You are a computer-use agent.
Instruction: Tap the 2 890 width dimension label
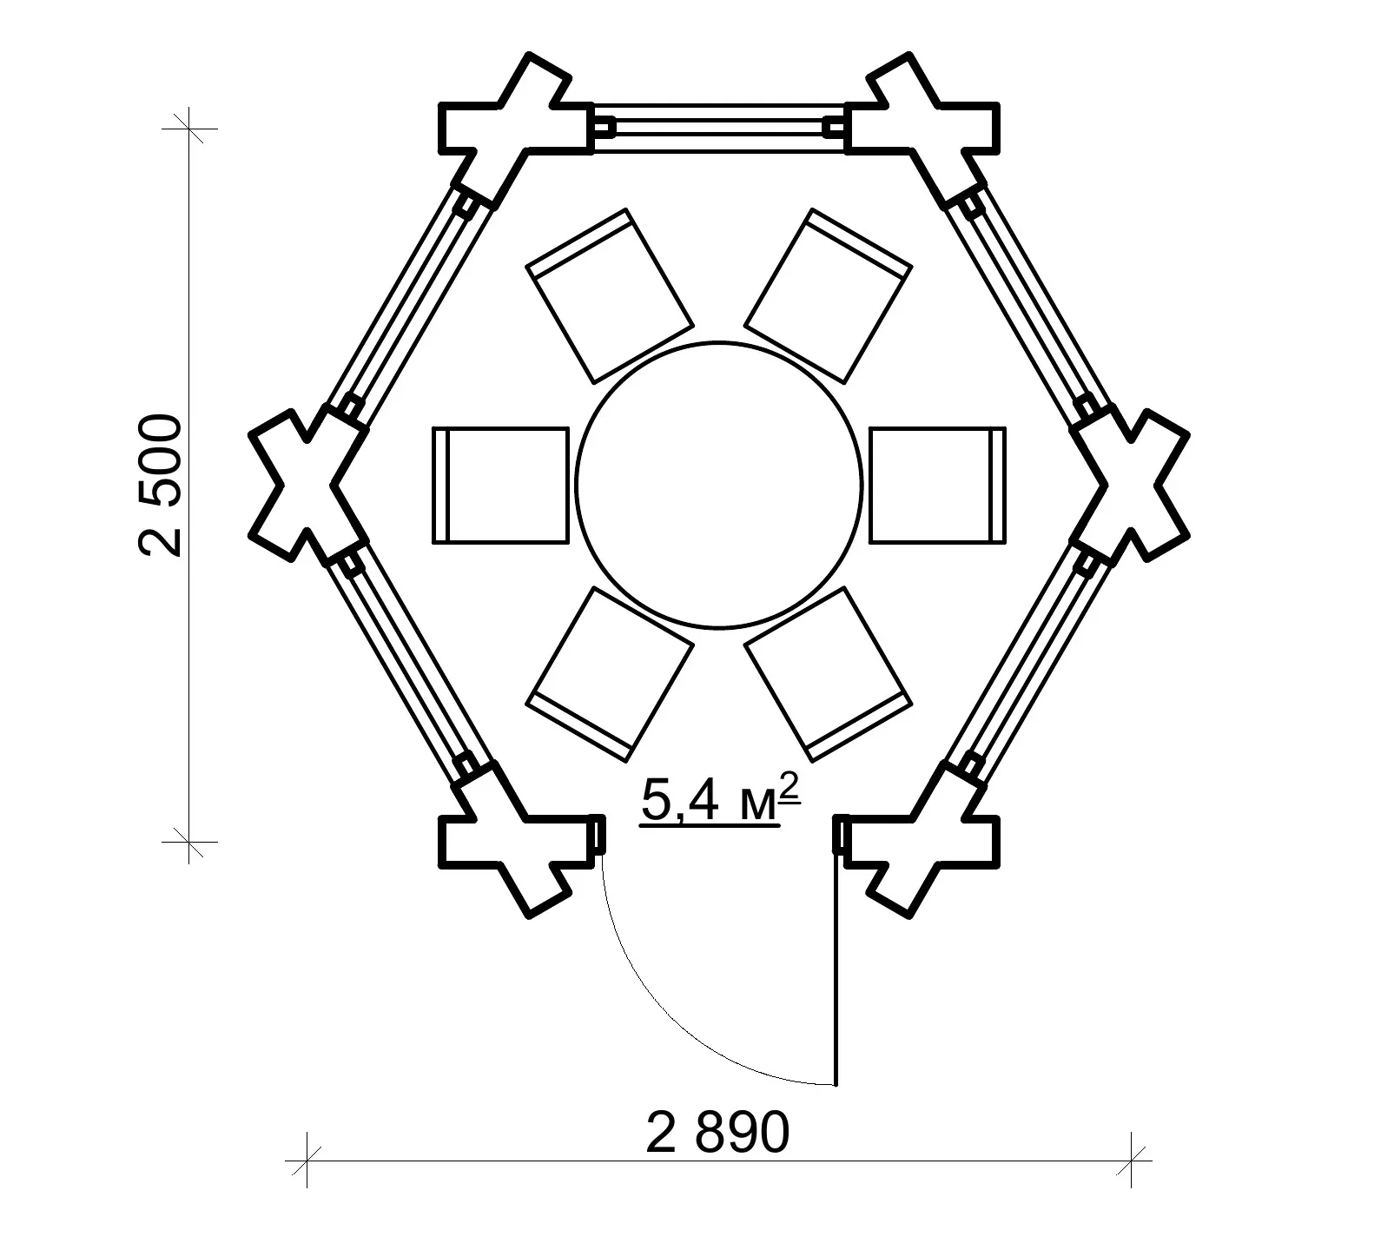(718, 1132)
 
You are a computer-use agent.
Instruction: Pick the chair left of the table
(500, 485)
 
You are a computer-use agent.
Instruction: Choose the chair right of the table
(937, 485)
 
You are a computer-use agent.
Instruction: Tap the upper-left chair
(611, 295)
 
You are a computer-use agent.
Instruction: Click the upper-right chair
(829, 295)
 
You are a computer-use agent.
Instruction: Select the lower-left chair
(611, 675)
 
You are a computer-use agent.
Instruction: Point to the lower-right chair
(829, 675)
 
